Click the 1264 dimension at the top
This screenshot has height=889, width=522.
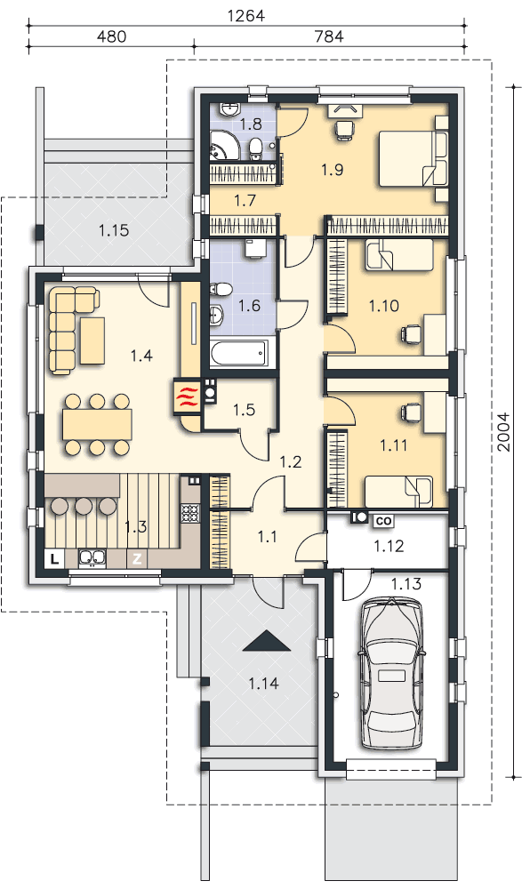pyautogui.click(x=245, y=15)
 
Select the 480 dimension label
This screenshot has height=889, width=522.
pyautogui.click(x=111, y=36)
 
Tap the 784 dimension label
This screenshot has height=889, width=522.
pyautogui.click(x=329, y=36)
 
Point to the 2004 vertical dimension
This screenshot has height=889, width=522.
pyautogui.click(x=503, y=432)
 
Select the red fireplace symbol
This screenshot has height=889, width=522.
pyautogui.click(x=187, y=396)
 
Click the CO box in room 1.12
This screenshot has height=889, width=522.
pyautogui.click(x=383, y=520)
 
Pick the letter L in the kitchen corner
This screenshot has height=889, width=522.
pyautogui.click(x=54, y=559)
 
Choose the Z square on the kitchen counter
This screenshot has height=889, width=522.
pyautogui.click(x=137, y=559)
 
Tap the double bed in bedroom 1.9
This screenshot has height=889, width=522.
pyautogui.click(x=413, y=158)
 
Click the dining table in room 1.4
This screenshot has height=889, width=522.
pyautogui.click(x=98, y=423)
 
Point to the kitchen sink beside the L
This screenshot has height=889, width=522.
pyautogui.click(x=90, y=558)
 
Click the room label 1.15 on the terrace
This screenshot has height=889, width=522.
pyautogui.click(x=114, y=230)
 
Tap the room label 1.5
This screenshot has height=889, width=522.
pyautogui.click(x=244, y=409)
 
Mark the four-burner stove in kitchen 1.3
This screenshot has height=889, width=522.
pyautogui.click(x=189, y=513)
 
